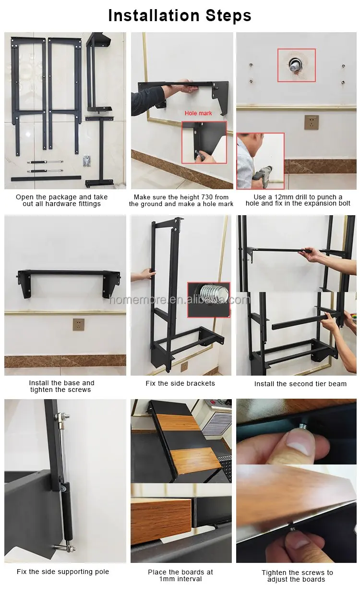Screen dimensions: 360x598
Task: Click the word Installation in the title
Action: click(x=154, y=15)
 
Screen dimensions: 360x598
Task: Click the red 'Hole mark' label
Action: click(x=198, y=113)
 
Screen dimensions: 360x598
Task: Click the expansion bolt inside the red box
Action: click(x=295, y=64)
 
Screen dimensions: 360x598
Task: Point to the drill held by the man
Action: click(x=263, y=173)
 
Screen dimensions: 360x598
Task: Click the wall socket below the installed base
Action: click(x=78, y=324)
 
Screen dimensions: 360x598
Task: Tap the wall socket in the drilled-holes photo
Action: click(x=312, y=122)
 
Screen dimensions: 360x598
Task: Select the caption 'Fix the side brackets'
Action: click(x=180, y=383)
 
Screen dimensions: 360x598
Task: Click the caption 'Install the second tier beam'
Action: click(x=300, y=384)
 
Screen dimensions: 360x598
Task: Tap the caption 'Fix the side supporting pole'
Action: click(x=63, y=572)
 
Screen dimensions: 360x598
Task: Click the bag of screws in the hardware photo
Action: click(x=87, y=161)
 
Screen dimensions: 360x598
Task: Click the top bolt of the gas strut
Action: click(x=62, y=416)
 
